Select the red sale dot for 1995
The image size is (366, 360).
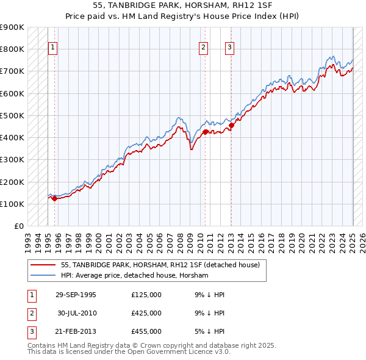pyautogui.click(x=54, y=198)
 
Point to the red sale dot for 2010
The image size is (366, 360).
pyautogui.click(x=205, y=132)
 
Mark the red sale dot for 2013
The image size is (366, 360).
pyautogui.click(x=231, y=125)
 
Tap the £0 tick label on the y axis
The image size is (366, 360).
pyautogui.click(x=19, y=226)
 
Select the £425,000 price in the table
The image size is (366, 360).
pyautogui.click(x=146, y=313)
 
